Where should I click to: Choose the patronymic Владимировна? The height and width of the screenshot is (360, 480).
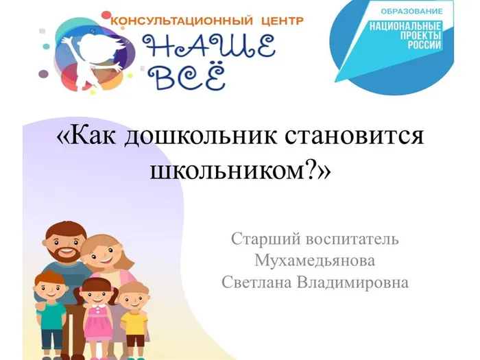click(357, 282)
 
